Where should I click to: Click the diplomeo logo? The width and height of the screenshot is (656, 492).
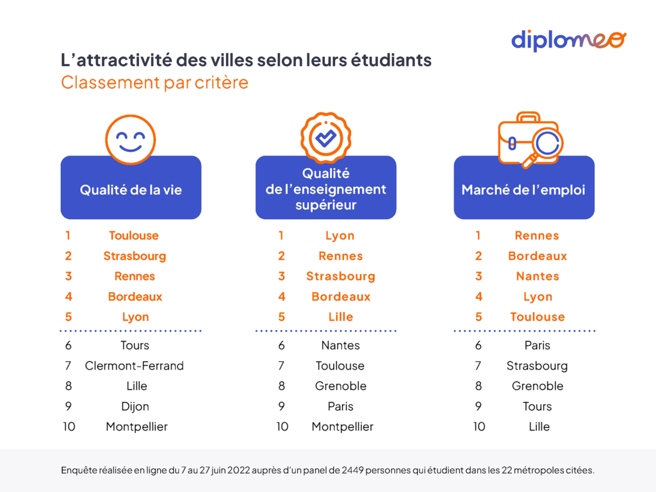coord(568,40)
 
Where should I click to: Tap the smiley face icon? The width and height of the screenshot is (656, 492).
coord(131,140)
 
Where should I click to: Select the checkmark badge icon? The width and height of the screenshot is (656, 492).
coord(325,138)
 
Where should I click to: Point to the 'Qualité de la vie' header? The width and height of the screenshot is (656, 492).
coord(131,190)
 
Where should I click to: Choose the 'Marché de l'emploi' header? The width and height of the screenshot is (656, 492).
coord(523,190)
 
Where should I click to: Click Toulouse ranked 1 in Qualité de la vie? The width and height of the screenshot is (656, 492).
coord(134,236)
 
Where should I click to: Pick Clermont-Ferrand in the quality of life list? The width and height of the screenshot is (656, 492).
coord(135,366)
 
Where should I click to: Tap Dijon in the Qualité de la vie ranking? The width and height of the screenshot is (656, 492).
coord(135,406)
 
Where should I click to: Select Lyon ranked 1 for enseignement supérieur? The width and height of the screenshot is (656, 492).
coord(340,236)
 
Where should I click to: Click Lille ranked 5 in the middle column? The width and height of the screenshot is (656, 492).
coord(340,317)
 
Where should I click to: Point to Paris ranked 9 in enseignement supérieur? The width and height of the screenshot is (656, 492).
coord(340,406)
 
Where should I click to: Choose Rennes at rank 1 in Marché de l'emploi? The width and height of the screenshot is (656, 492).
coord(537,236)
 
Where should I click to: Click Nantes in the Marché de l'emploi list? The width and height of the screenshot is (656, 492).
coord(537,276)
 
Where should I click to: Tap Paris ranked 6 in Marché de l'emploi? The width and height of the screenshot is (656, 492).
coord(537,345)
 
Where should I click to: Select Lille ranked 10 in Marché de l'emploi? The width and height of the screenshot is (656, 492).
coord(539,427)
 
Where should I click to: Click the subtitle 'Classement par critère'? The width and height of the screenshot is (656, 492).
coord(154,83)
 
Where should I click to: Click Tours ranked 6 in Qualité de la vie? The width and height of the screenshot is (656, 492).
coord(135,345)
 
